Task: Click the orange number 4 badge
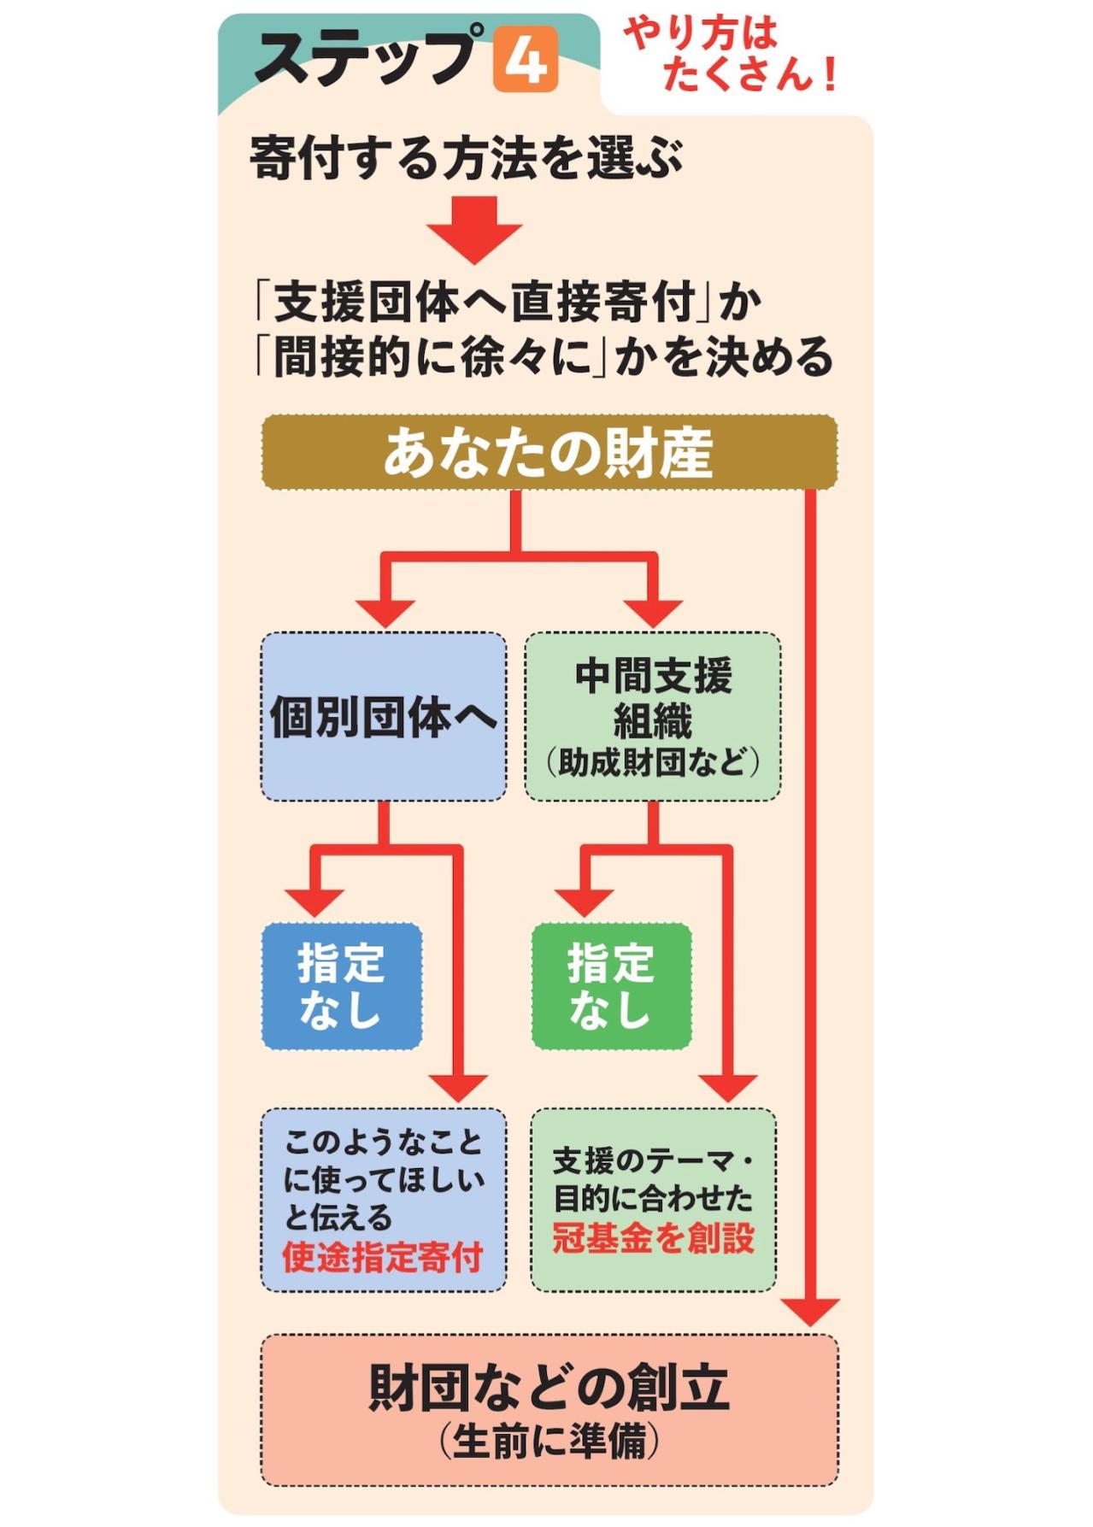(525, 59)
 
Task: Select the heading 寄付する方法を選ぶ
(466, 158)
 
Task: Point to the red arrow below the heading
(474, 229)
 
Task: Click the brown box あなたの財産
(549, 452)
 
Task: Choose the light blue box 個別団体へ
(384, 716)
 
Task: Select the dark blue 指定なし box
(342, 985)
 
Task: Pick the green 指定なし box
(611, 985)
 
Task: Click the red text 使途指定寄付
(383, 1257)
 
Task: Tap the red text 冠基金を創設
(654, 1237)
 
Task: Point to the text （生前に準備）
(549, 1443)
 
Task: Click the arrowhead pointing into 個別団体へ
(385, 613)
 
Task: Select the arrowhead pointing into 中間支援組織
(653, 613)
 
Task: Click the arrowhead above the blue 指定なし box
(314, 902)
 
